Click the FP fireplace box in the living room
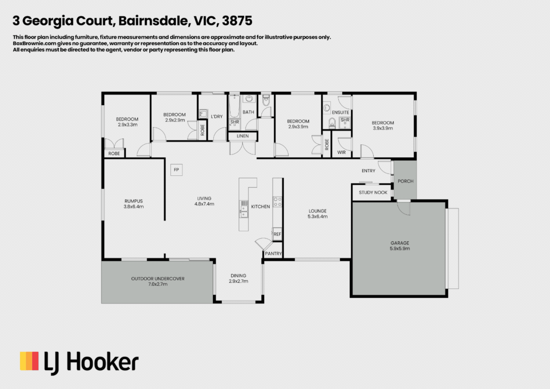pos(176,170)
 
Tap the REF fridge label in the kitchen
pos(277,234)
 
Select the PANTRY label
pos(273,254)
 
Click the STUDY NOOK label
pos(373,193)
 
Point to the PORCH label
pos(405,181)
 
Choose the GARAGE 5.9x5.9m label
pos(399,246)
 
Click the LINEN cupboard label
pos(243,136)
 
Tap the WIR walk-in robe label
pos(341,153)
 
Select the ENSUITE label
pos(340,113)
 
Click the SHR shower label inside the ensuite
pos(345,120)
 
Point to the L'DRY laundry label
pos(217,116)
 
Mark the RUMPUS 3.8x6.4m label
pos(134,204)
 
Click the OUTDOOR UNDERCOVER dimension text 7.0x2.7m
pos(158,284)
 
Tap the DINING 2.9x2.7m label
pos(238,278)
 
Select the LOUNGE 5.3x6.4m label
pos(318,214)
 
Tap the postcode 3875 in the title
pos(237,21)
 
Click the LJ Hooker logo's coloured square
pos(29,361)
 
